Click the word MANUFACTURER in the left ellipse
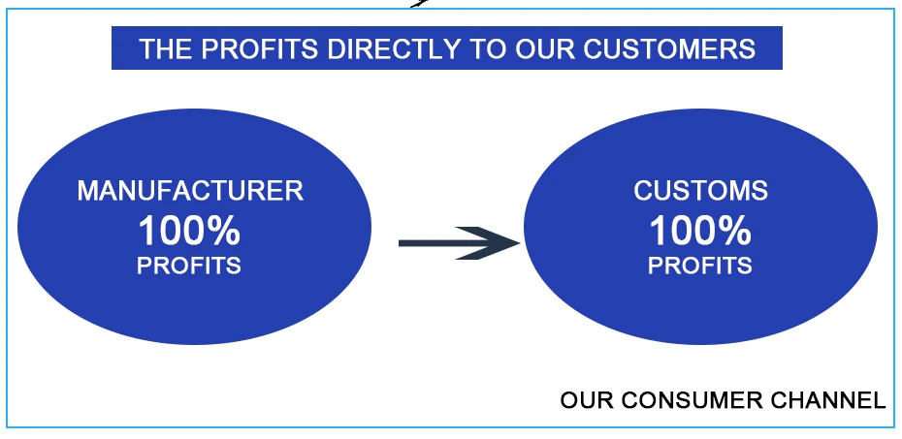pos(190,191)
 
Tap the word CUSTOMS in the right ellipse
pos(700,191)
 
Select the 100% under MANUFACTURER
pos(189,232)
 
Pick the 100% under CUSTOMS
pos(699,232)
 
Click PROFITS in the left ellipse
pos(189,266)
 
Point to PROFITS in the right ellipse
pos(699,266)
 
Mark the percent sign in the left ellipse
pos(226,232)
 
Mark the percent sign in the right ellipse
pos(736,232)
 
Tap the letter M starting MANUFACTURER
pos(87,191)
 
